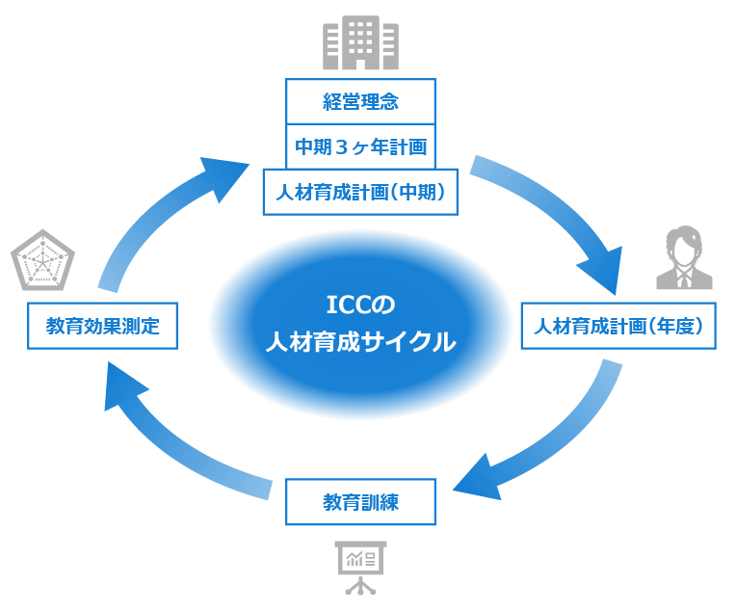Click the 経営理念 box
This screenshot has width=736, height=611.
pyautogui.click(x=360, y=101)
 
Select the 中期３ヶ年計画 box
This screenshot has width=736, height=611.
pyautogui.click(x=360, y=146)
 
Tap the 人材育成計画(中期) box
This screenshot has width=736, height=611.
pyautogui.click(x=360, y=192)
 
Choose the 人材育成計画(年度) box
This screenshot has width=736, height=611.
pyautogui.click(x=618, y=326)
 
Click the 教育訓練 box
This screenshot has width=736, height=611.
pyautogui.click(x=360, y=502)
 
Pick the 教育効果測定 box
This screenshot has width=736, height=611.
pyautogui.click(x=102, y=326)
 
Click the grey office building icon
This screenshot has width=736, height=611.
pyautogui.click(x=360, y=41)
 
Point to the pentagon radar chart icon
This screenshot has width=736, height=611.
pyautogui.click(x=42, y=259)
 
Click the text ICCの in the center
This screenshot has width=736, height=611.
pyautogui.click(x=360, y=305)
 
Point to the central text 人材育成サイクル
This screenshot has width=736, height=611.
pyautogui.click(x=360, y=342)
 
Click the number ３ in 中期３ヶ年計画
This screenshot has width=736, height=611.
pyautogui.click(x=340, y=146)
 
